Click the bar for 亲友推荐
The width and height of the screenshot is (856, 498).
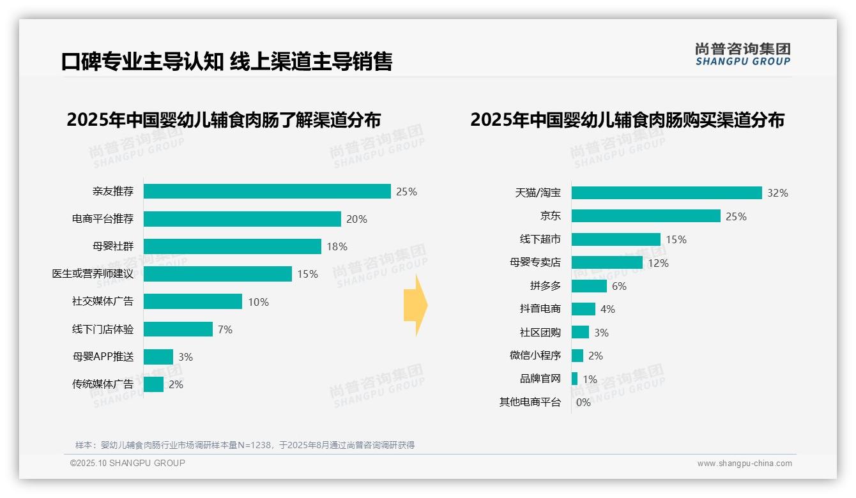click(x=267, y=192)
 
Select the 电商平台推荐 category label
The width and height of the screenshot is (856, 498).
click(x=103, y=219)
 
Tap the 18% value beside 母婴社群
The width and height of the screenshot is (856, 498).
click(x=337, y=246)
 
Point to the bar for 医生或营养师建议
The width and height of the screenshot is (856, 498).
click(x=217, y=274)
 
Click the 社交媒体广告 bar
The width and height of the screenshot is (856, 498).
click(x=192, y=301)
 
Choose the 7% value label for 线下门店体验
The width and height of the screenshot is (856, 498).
click(x=225, y=329)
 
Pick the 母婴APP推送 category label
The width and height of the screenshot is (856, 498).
click(x=103, y=357)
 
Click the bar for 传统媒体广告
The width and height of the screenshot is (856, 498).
click(x=153, y=384)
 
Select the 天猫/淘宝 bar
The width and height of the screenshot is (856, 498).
click(x=666, y=193)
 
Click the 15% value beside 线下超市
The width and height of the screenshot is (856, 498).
click(x=676, y=239)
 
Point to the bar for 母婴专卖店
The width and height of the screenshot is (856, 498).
click(x=607, y=262)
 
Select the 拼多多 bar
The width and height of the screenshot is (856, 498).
click(x=589, y=286)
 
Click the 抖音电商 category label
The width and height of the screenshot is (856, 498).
click(x=540, y=309)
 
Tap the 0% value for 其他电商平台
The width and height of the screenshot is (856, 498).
click(x=583, y=402)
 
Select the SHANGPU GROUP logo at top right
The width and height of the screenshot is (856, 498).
click(x=742, y=54)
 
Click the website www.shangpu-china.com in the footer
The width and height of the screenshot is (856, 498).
click(x=744, y=464)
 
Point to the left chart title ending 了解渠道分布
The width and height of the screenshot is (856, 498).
click(x=224, y=120)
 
